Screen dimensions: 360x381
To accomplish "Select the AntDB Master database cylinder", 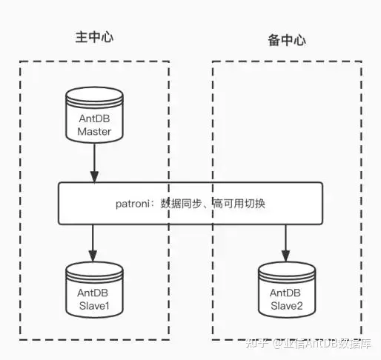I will pos(93,116).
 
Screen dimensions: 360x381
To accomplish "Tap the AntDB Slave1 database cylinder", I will pos(93,288).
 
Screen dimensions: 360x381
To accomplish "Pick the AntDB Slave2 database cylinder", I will pos(287,290).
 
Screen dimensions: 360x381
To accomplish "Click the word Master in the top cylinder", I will pos(94,132).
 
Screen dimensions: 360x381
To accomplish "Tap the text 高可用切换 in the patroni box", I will pos(239,202).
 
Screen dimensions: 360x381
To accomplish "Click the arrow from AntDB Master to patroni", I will pos(94,163).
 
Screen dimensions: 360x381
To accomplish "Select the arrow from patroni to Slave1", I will pos(94,241).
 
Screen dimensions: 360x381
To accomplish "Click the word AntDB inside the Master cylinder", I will pos(94,119).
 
